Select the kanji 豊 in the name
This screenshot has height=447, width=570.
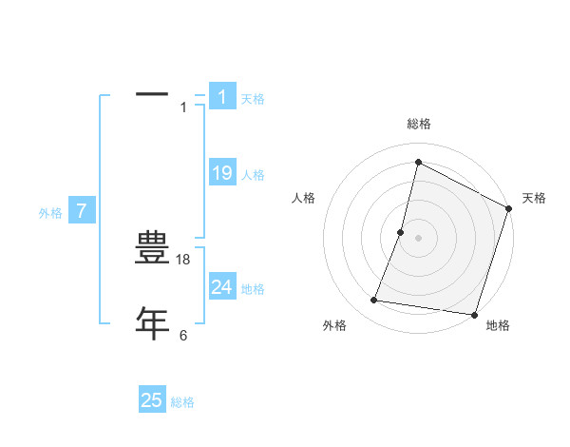pos(152,249)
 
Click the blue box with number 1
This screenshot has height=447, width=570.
pos(222,96)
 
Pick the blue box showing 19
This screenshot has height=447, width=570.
pos(222,173)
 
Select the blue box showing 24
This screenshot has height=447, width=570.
pos(222,287)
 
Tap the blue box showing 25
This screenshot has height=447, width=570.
pos(152,400)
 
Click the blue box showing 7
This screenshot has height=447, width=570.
pos(82,211)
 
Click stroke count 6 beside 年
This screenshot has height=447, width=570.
pos(183,335)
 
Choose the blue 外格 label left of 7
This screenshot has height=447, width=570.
pos(50,213)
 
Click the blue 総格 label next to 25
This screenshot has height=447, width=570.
pos(182,402)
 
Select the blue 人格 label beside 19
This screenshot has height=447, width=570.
pos(253,175)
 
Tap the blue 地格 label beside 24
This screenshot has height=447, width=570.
pos(253,289)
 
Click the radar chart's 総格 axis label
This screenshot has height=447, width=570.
pos(419,124)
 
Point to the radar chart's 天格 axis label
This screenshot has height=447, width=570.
pos(534,198)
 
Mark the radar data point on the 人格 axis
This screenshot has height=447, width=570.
pos(401,232)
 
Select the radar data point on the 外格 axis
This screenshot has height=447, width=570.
pos(374,301)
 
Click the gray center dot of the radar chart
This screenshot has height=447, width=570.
pos(419,238)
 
